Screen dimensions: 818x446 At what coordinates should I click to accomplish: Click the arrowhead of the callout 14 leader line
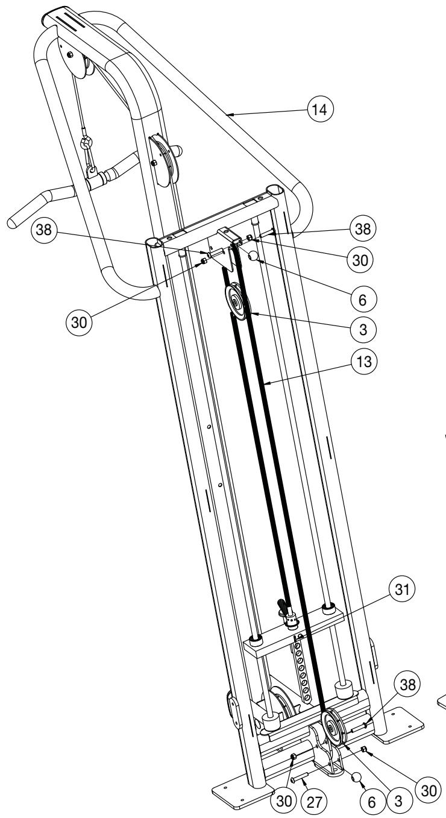225,112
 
